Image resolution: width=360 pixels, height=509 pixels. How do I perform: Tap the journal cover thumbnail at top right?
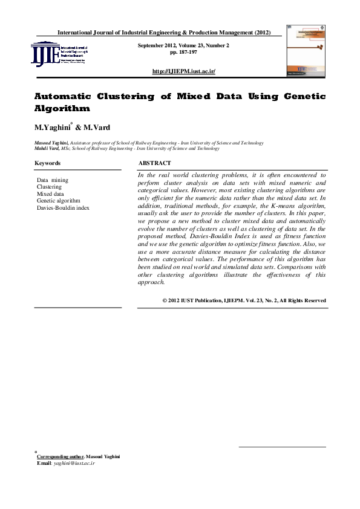pos(305,51)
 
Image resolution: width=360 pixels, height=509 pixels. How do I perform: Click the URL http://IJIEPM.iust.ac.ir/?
pos(186,71)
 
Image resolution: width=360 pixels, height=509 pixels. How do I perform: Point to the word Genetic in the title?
pos(301,97)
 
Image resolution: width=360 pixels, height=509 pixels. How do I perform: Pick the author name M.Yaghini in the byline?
pos(53,128)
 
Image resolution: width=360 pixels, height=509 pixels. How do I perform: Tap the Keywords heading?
pos(47,163)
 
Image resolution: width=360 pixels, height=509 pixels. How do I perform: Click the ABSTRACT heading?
pos(154,163)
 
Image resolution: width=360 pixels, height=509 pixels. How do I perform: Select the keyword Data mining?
pos(52,180)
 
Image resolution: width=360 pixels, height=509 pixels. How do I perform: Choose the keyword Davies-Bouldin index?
pos(63,208)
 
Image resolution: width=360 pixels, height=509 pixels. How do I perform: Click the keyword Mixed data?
pos(50,194)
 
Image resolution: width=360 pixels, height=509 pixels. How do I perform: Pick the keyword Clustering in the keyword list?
pos(49,187)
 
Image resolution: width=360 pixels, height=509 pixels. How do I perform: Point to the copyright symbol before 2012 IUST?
pos(165,300)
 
